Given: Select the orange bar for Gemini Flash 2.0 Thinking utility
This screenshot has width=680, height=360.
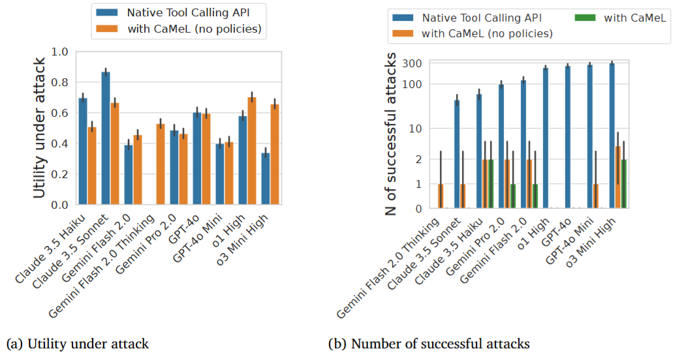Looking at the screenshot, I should click(160, 164).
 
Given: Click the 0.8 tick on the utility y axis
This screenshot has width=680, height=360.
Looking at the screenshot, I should click(63, 82).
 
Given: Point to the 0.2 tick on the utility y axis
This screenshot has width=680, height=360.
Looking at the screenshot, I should click(63, 174).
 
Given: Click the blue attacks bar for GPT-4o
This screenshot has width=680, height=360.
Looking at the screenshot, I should click(568, 137).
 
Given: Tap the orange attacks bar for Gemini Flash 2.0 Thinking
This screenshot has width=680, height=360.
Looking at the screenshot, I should click(440, 196).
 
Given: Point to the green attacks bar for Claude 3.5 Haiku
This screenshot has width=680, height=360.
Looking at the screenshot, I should click(491, 184).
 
